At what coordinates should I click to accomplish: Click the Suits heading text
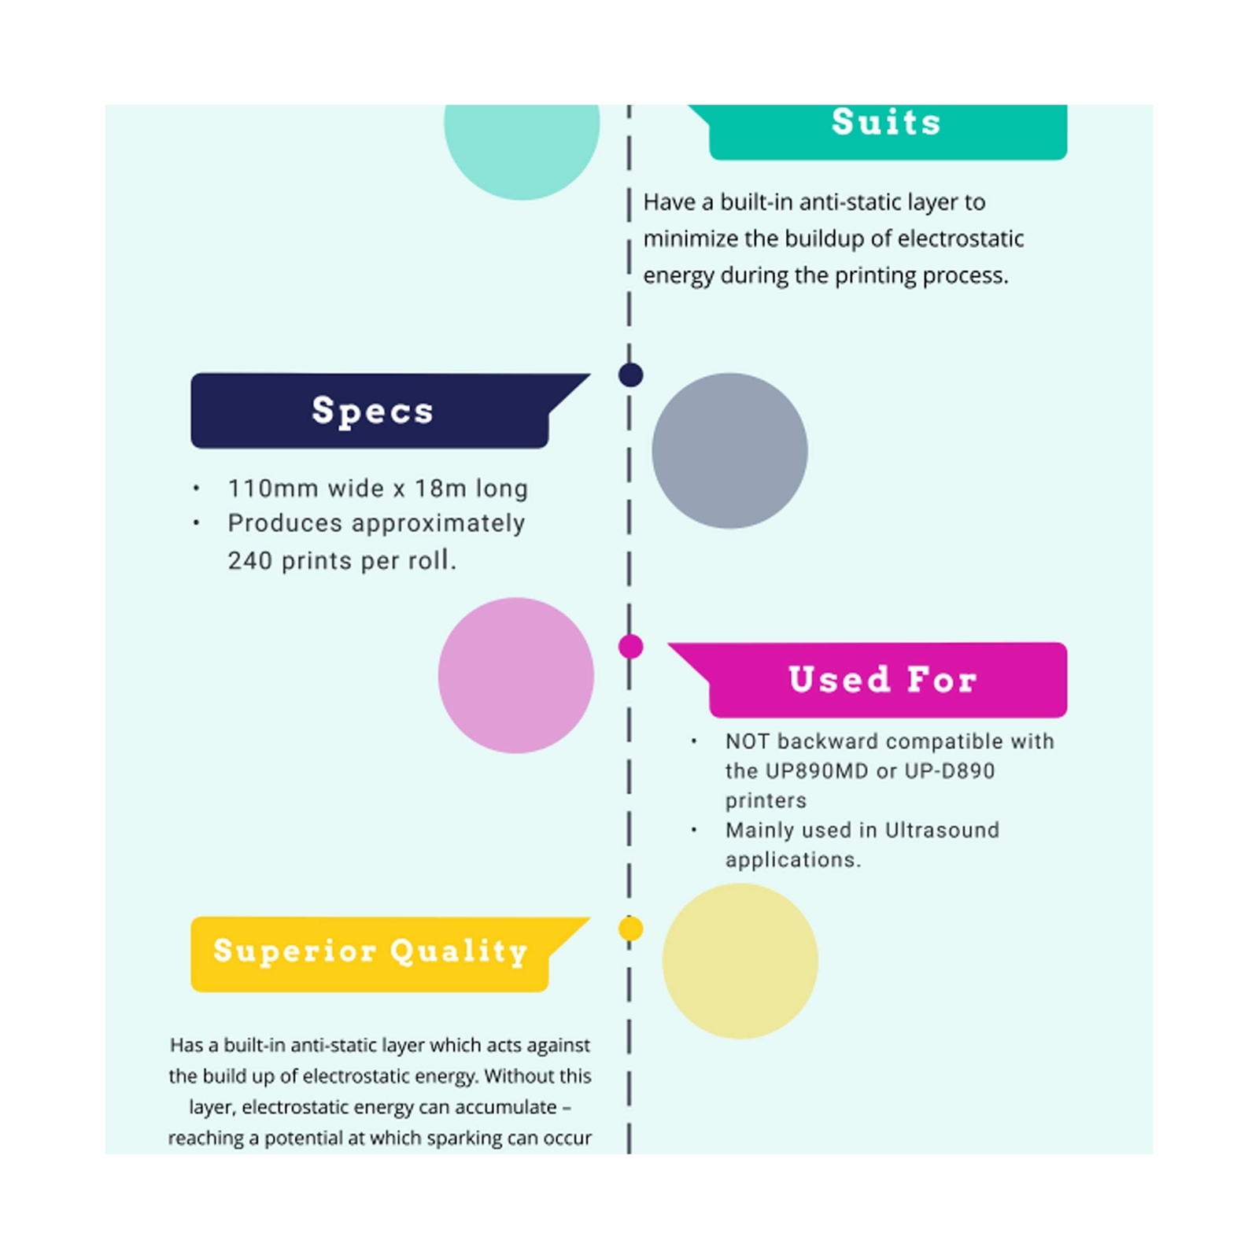(886, 123)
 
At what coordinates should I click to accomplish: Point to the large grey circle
(729, 451)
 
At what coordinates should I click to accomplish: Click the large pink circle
(516, 675)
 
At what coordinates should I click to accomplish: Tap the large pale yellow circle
(740, 961)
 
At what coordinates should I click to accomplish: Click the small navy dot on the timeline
(630, 375)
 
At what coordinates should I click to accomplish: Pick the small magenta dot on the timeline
(630, 647)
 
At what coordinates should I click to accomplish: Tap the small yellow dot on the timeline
(630, 929)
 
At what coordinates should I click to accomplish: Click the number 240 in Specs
(250, 561)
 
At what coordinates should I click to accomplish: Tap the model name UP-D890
(950, 771)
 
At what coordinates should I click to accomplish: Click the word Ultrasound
(942, 830)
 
